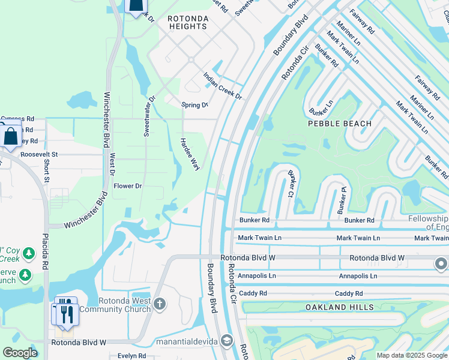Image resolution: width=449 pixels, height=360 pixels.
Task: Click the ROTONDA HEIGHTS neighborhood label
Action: [x=188, y=23]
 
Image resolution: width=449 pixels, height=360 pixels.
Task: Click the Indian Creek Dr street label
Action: [x=222, y=86]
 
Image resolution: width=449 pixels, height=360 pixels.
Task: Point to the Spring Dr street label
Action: [x=194, y=105]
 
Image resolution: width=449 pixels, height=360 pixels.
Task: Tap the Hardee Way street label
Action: [x=190, y=154]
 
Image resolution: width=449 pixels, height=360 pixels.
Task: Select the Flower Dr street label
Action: [x=127, y=186]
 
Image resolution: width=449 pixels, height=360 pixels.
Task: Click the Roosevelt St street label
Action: [x=38, y=154]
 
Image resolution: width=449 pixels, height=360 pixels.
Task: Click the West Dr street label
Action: [x=112, y=164]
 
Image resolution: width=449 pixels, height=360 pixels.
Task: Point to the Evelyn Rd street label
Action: [x=131, y=356]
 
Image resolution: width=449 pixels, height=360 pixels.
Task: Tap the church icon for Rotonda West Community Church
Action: [x=160, y=303]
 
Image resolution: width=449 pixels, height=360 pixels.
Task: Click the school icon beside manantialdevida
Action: [x=226, y=341]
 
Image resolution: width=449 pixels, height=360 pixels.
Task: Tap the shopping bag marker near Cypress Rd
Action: [x=11, y=136]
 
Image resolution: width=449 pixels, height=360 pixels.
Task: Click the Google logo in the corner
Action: [x=20, y=353]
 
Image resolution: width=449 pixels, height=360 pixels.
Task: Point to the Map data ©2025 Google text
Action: [x=412, y=356]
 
